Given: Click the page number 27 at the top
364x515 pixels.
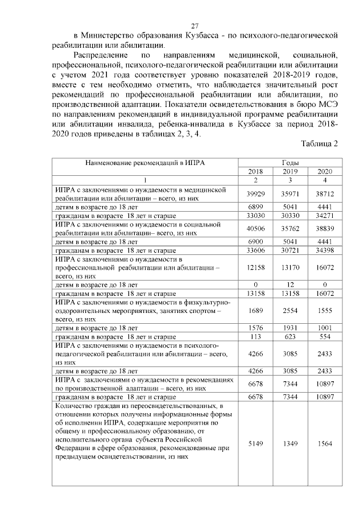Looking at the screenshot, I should point(195,26).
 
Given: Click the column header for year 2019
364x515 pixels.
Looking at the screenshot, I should point(290,171).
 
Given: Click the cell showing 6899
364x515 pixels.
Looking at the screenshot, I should point(255,207).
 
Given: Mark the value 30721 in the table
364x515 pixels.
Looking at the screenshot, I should point(290,250).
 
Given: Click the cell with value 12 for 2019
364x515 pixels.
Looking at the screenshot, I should point(290,285).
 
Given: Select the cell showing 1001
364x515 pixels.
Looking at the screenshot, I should point(325,328).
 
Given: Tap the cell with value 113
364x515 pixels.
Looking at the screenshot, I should point(255,336).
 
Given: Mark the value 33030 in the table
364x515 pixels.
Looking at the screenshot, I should point(255,216).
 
